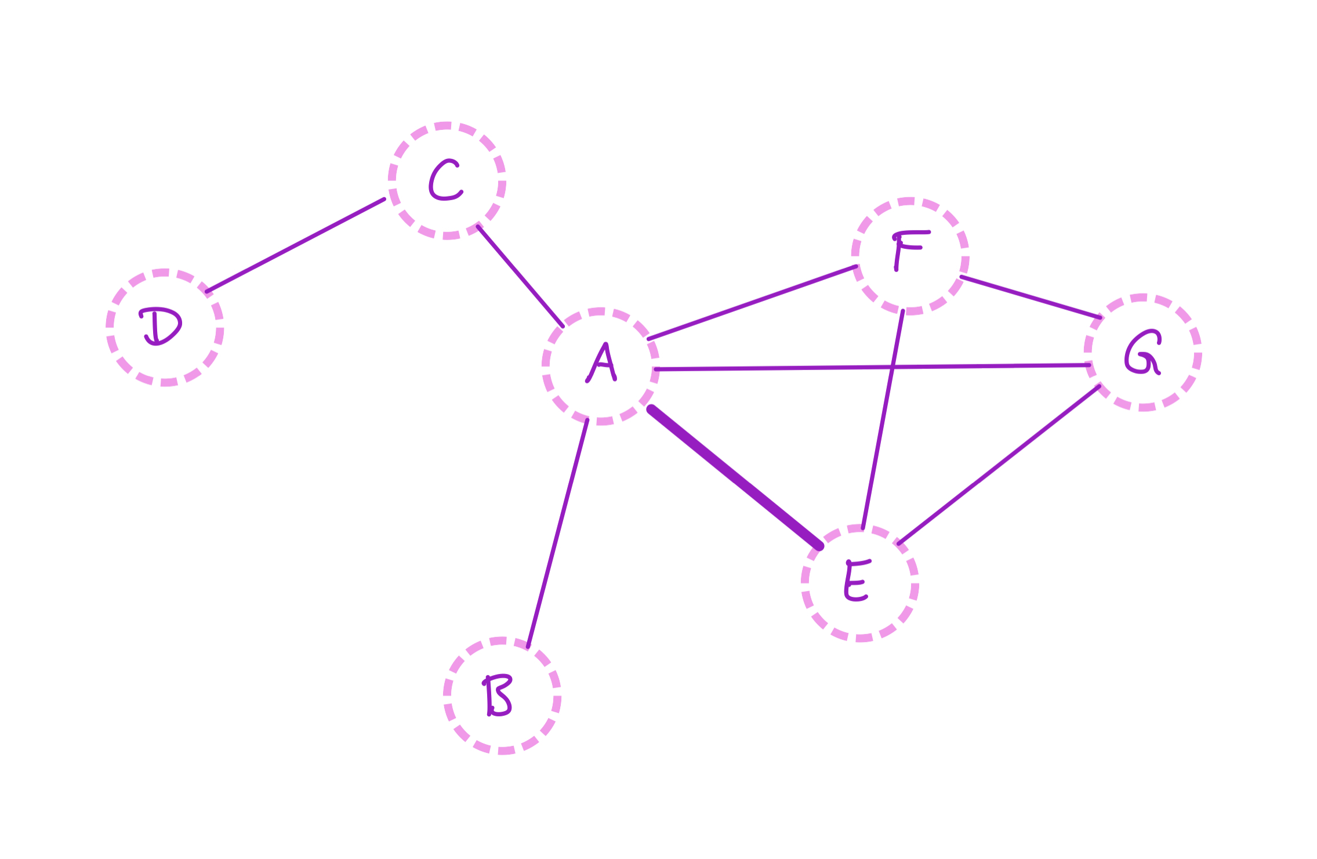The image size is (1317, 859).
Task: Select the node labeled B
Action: (x=502, y=695)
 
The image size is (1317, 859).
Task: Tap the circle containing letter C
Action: (x=447, y=180)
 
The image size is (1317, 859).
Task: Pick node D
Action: (x=165, y=327)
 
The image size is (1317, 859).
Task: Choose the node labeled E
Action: (x=859, y=583)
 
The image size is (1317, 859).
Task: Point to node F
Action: (x=909, y=256)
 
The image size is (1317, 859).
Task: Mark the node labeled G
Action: (x=1142, y=353)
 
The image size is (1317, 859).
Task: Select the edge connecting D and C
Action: (x=296, y=245)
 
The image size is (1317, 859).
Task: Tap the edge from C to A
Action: (x=520, y=276)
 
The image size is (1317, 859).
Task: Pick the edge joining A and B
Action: (x=557, y=533)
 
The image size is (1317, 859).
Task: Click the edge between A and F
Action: (x=752, y=303)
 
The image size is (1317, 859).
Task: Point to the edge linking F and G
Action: (x=1031, y=297)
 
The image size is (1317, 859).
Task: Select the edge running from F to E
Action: (x=883, y=420)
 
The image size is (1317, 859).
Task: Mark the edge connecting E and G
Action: (x=999, y=465)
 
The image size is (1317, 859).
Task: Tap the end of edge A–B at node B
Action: (x=528, y=646)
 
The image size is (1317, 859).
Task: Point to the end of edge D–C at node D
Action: (x=207, y=292)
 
